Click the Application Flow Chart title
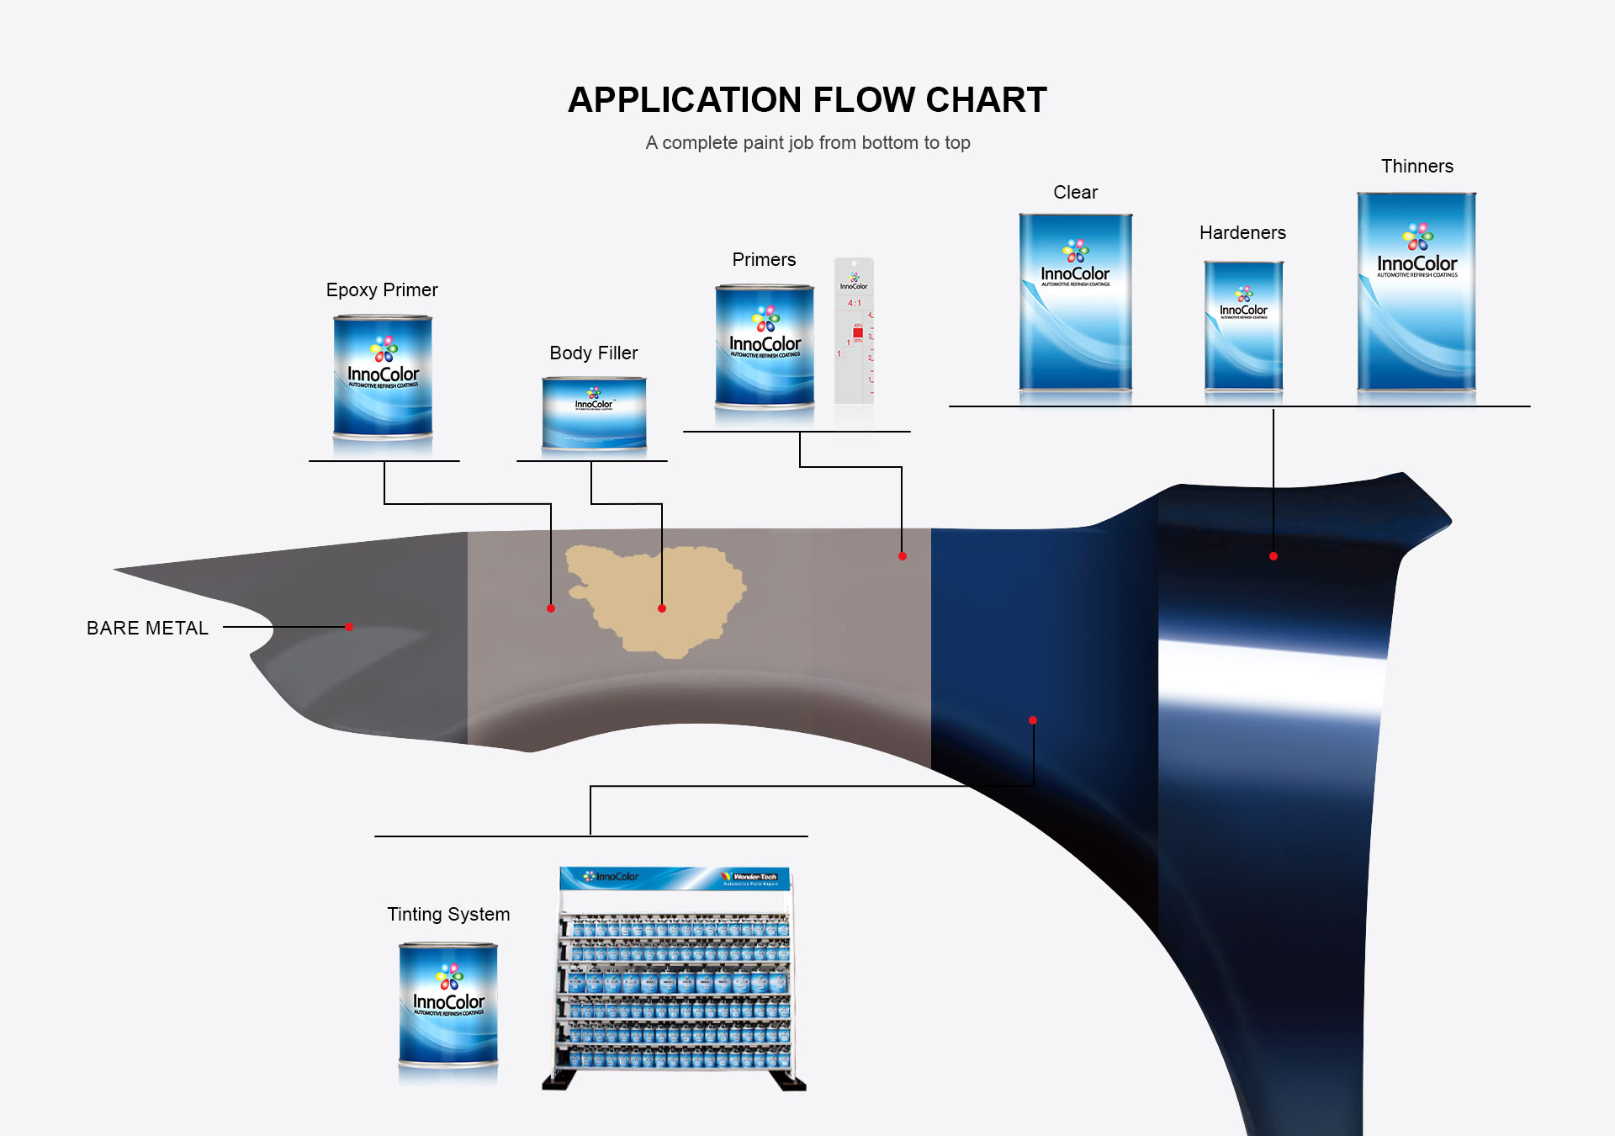point(807,100)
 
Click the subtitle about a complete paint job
point(807,143)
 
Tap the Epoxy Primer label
point(382,290)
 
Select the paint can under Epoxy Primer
point(383,376)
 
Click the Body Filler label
point(594,353)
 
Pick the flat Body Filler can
point(594,413)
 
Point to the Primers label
point(764,260)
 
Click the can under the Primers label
point(765,346)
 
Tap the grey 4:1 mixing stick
point(854,332)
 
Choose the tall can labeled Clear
point(1076,302)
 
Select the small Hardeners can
point(1243,326)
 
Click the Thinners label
point(1417,167)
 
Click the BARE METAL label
point(148,629)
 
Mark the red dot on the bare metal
point(349,627)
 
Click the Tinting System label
point(448,915)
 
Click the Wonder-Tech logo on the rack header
point(751,878)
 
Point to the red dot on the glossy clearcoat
point(1273,556)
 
